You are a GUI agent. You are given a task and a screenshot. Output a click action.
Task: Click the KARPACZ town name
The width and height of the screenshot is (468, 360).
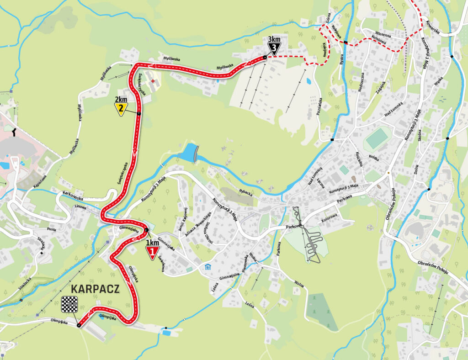[x=95, y=289]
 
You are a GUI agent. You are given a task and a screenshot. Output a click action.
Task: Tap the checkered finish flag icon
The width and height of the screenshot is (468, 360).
[x=69, y=304]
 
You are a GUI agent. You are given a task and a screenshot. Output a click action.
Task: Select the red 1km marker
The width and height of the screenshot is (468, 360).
[x=152, y=252]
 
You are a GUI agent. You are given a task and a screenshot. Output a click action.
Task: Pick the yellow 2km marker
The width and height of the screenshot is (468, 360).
[x=121, y=108]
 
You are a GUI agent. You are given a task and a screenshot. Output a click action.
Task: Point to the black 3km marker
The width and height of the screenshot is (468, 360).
[x=274, y=47]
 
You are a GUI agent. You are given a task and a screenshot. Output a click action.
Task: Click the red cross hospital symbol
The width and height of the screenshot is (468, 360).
[x=153, y=81]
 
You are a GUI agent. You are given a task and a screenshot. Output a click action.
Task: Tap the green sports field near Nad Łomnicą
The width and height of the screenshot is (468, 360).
[x=378, y=138]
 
